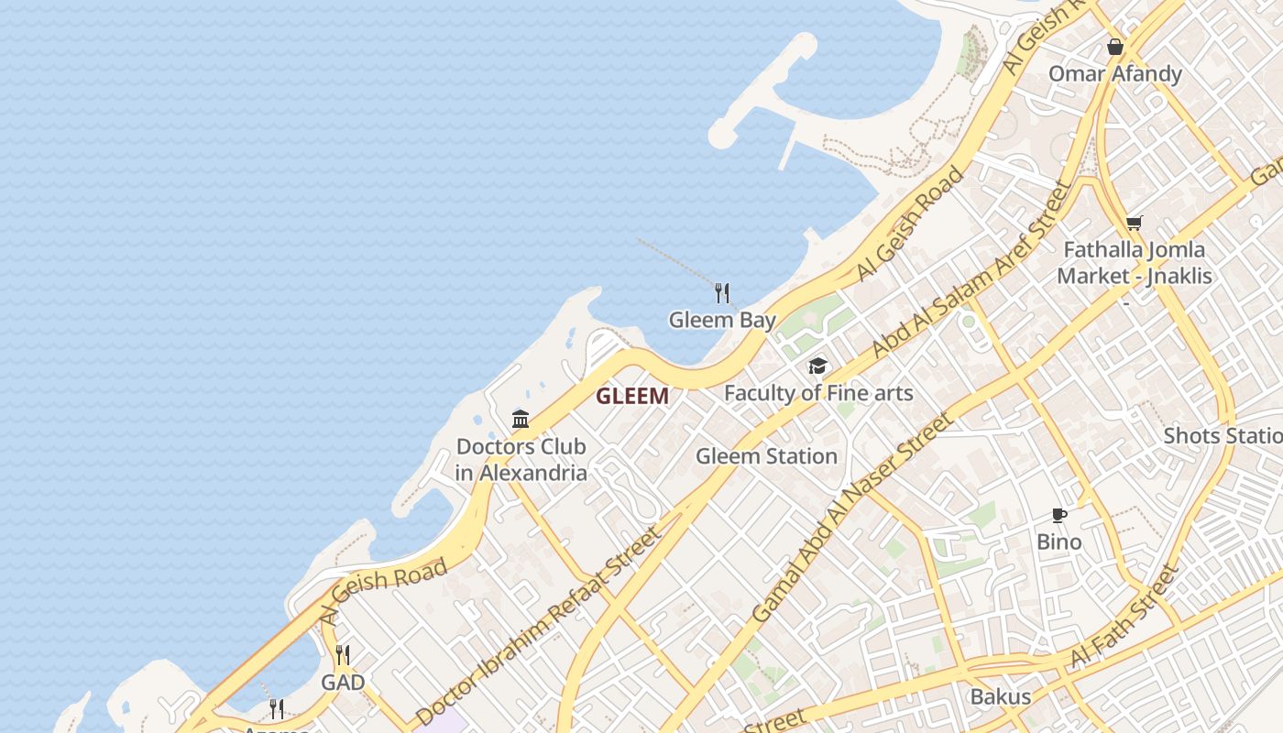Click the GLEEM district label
coord(632,397)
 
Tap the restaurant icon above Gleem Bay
coord(722,293)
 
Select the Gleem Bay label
coord(722,320)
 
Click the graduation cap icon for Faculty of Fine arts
coord(817,366)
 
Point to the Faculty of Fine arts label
coord(818,393)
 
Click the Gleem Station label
coord(766,455)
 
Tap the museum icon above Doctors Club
coord(521,420)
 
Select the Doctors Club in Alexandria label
coord(521,460)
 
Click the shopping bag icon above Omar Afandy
coord(1115,47)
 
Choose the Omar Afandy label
coord(1115,73)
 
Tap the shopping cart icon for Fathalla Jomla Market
coord(1134,223)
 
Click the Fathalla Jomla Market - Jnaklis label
coord(1134,262)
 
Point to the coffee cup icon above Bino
coord(1059,515)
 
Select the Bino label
coord(1059,542)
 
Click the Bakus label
coord(1000,696)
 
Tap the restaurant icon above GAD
coord(343,655)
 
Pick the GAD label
coord(343,683)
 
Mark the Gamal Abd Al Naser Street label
coord(851,518)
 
